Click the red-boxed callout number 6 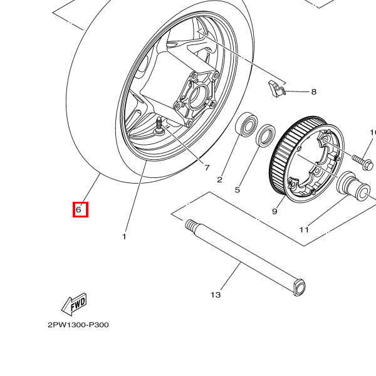point(80,210)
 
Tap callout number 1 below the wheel point(124,237)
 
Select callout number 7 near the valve point(206,167)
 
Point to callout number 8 point(313,92)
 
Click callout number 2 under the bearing point(219,180)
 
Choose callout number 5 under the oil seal point(238,190)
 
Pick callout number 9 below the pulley point(274,211)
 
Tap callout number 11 point(304,230)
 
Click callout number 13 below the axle point(216,294)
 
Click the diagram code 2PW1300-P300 point(78,325)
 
